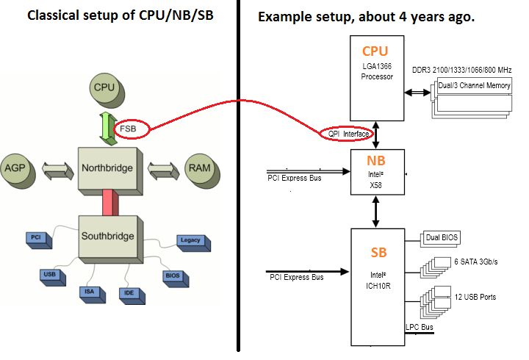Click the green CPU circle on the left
click(107, 90)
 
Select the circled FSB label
click(132, 129)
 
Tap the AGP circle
click(18, 170)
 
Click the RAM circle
click(202, 170)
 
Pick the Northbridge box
click(110, 171)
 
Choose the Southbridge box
click(111, 240)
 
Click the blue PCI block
click(39, 240)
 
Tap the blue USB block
click(52, 277)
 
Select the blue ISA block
click(92, 295)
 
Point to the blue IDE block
click(132, 296)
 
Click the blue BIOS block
click(176, 278)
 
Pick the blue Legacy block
click(194, 243)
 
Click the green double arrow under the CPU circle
click(108, 129)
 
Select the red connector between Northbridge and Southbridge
click(111, 202)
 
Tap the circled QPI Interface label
click(347, 134)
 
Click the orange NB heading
click(376, 161)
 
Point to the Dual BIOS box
click(440, 239)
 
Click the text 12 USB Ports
click(475, 297)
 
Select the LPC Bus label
click(420, 327)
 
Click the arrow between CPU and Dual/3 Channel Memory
click(417, 92)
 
